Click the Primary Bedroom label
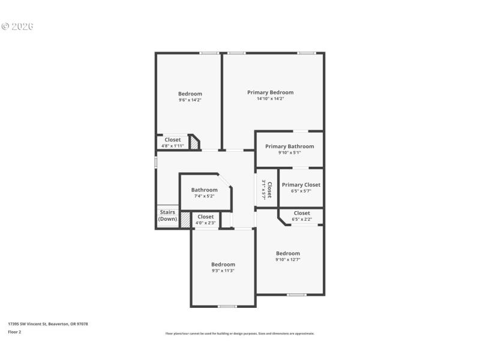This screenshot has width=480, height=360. coord(270,92)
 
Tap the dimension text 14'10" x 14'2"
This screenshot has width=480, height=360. coord(270,98)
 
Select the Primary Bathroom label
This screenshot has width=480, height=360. coord(289,146)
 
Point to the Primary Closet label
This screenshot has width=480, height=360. coord(301,185)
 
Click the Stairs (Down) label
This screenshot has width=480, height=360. coord(167,215)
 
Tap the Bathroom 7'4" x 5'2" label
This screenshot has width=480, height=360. coord(204,190)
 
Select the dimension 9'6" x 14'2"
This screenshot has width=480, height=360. coord(190,100)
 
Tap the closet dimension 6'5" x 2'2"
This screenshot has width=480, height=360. coord(302,219)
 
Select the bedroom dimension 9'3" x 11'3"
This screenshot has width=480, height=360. coord(223,271)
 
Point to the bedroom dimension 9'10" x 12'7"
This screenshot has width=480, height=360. coord(287,260)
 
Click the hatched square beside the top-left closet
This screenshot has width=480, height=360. coord(194,143)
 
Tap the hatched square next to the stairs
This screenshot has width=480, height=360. coord(185,220)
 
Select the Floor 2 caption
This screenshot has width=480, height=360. coord(14,331)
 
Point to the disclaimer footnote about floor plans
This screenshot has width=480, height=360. coord(239,334)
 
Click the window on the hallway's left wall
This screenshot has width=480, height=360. coord(155,162)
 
